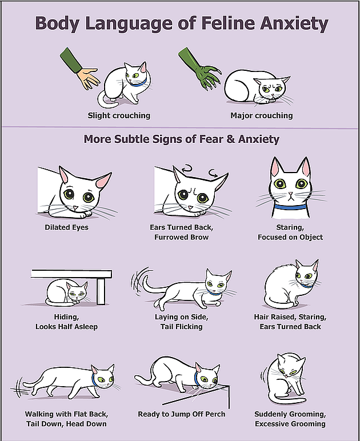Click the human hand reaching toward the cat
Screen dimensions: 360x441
(88, 78)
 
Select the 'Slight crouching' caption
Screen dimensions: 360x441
(119, 115)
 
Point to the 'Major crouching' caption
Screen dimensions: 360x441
(262, 115)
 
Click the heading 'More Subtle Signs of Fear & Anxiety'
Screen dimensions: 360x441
(182, 139)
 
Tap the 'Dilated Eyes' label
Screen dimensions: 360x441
(67, 227)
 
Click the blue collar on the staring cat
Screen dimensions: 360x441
(290, 207)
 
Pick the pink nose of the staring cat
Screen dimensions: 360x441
(291, 194)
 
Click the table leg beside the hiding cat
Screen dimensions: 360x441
(101, 291)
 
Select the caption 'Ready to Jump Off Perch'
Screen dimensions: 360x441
(182, 414)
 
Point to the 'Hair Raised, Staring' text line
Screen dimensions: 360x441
(290, 317)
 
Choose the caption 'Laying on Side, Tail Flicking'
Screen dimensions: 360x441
(182, 322)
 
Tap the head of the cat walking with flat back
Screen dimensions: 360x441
(103, 376)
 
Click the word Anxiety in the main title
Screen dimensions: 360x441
(294, 23)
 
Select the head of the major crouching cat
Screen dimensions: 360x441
(271, 89)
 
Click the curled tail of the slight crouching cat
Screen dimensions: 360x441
(106, 101)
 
